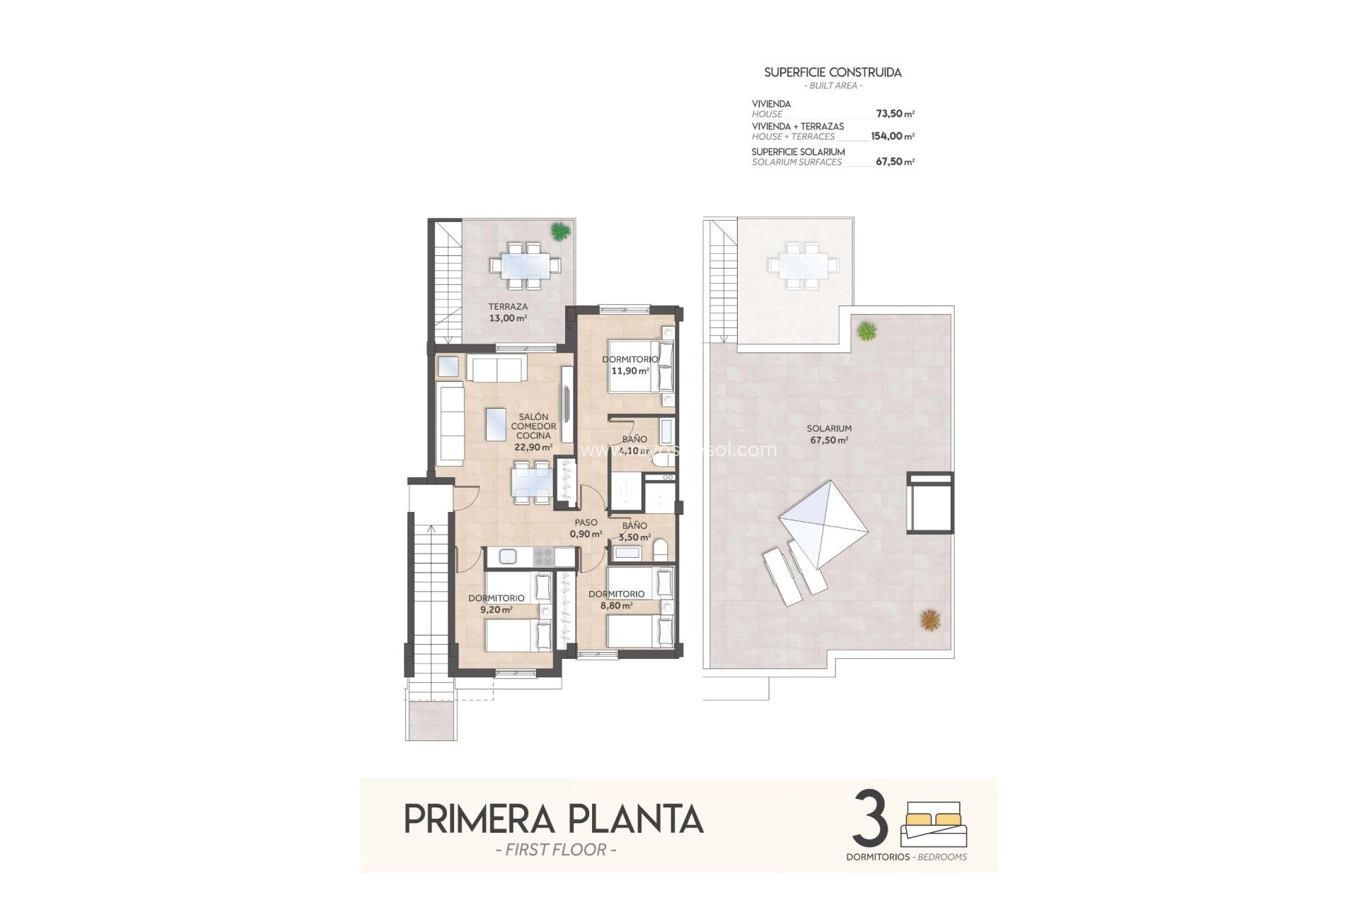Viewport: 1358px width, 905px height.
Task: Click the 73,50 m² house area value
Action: coord(895,114)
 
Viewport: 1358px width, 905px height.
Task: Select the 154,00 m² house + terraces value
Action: coord(892,136)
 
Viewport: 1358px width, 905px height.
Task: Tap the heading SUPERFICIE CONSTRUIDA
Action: coord(832,72)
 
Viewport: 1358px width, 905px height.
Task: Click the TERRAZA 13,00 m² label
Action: coord(508,313)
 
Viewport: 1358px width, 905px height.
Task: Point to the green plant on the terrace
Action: coord(559,230)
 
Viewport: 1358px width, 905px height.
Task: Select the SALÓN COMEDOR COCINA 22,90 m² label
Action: coord(533,431)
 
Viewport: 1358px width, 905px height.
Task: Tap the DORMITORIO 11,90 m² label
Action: coord(629,365)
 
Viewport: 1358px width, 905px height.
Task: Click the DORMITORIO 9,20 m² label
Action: coord(496,603)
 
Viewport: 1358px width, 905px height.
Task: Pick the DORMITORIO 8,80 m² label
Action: coord(615,600)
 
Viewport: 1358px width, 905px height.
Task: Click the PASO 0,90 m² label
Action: coord(586,528)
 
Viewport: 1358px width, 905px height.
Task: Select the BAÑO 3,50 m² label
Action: coord(634,531)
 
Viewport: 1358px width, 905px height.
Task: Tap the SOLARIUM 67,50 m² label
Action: coord(829,434)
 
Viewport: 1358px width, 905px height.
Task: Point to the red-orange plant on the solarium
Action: coord(930,619)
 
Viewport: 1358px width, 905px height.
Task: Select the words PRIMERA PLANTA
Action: coord(553,819)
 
